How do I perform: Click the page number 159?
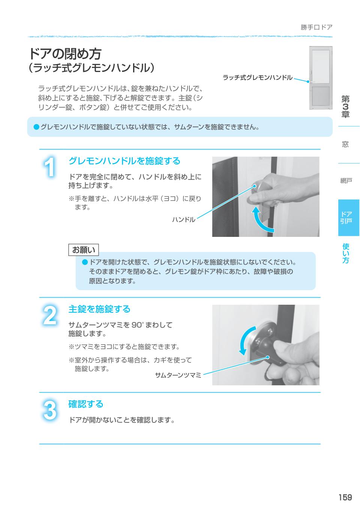click(345, 497)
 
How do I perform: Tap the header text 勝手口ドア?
click(316, 27)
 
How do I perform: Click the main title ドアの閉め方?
click(65, 54)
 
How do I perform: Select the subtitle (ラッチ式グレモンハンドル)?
click(92, 68)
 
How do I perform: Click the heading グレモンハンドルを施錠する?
click(124, 161)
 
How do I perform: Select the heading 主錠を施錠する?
click(99, 309)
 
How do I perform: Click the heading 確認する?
click(85, 404)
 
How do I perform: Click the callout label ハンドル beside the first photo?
click(183, 220)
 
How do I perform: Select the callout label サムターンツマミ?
click(178, 375)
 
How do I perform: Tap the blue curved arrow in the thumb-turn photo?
click(244, 339)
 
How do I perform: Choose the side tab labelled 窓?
click(345, 144)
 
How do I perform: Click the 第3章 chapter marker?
click(345, 107)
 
